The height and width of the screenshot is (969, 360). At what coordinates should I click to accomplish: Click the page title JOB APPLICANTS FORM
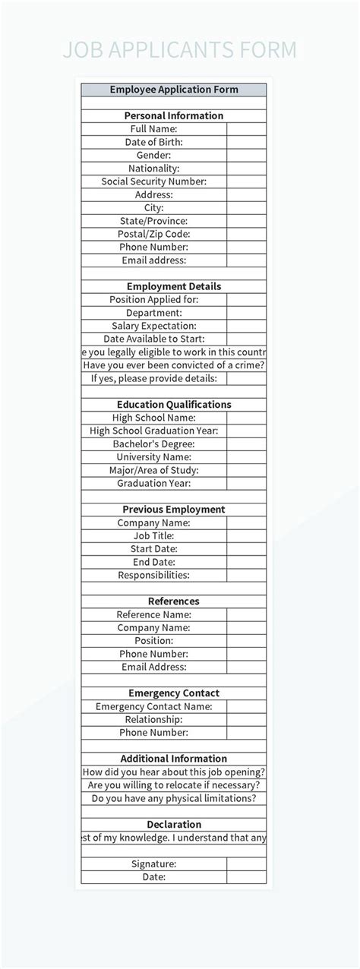[x=179, y=50]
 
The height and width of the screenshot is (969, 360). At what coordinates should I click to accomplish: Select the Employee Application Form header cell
[x=174, y=90]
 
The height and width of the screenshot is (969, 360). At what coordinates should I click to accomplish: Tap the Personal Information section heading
[x=174, y=116]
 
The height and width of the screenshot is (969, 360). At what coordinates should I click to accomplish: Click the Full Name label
[x=154, y=129]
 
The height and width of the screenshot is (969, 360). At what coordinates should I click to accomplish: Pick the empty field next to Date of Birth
[x=246, y=142]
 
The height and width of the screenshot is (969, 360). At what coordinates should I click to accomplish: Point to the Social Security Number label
[x=154, y=181]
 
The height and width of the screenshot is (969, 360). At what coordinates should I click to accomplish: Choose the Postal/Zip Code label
[x=154, y=234]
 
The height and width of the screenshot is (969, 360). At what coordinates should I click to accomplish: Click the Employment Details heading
[x=174, y=286]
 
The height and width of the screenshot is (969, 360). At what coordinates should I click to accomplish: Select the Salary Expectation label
[x=154, y=326]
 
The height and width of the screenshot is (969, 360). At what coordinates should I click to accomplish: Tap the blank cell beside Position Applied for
[x=246, y=299]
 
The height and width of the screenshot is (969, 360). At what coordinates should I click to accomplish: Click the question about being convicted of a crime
[x=174, y=365]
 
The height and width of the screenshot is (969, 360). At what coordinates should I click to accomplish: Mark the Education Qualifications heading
[x=174, y=405]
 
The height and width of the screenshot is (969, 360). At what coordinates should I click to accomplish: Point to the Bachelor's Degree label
[x=154, y=443]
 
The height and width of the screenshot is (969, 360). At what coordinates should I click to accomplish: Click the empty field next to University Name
[x=246, y=457]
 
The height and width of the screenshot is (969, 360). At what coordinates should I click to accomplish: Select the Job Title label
[x=154, y=535]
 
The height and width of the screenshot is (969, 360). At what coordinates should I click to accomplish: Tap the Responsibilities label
[x=154, y=575]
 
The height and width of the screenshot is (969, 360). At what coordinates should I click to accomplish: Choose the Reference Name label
[x=154, y=614]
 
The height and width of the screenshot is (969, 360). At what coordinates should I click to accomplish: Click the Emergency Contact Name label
[x=154, y=706]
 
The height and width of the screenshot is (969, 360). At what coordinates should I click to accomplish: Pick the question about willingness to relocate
[x=174, y=785]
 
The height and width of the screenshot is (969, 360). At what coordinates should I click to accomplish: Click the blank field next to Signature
[x=246, y=863]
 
